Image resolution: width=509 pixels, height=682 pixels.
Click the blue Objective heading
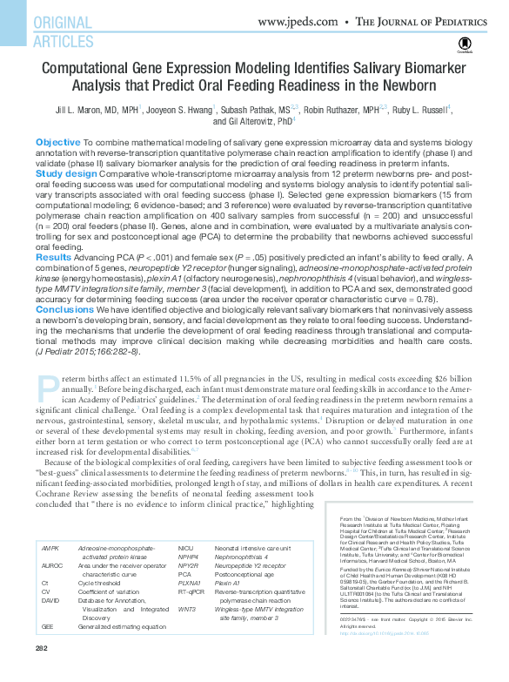(57, 141)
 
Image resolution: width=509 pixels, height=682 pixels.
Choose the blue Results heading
(53, 257)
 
